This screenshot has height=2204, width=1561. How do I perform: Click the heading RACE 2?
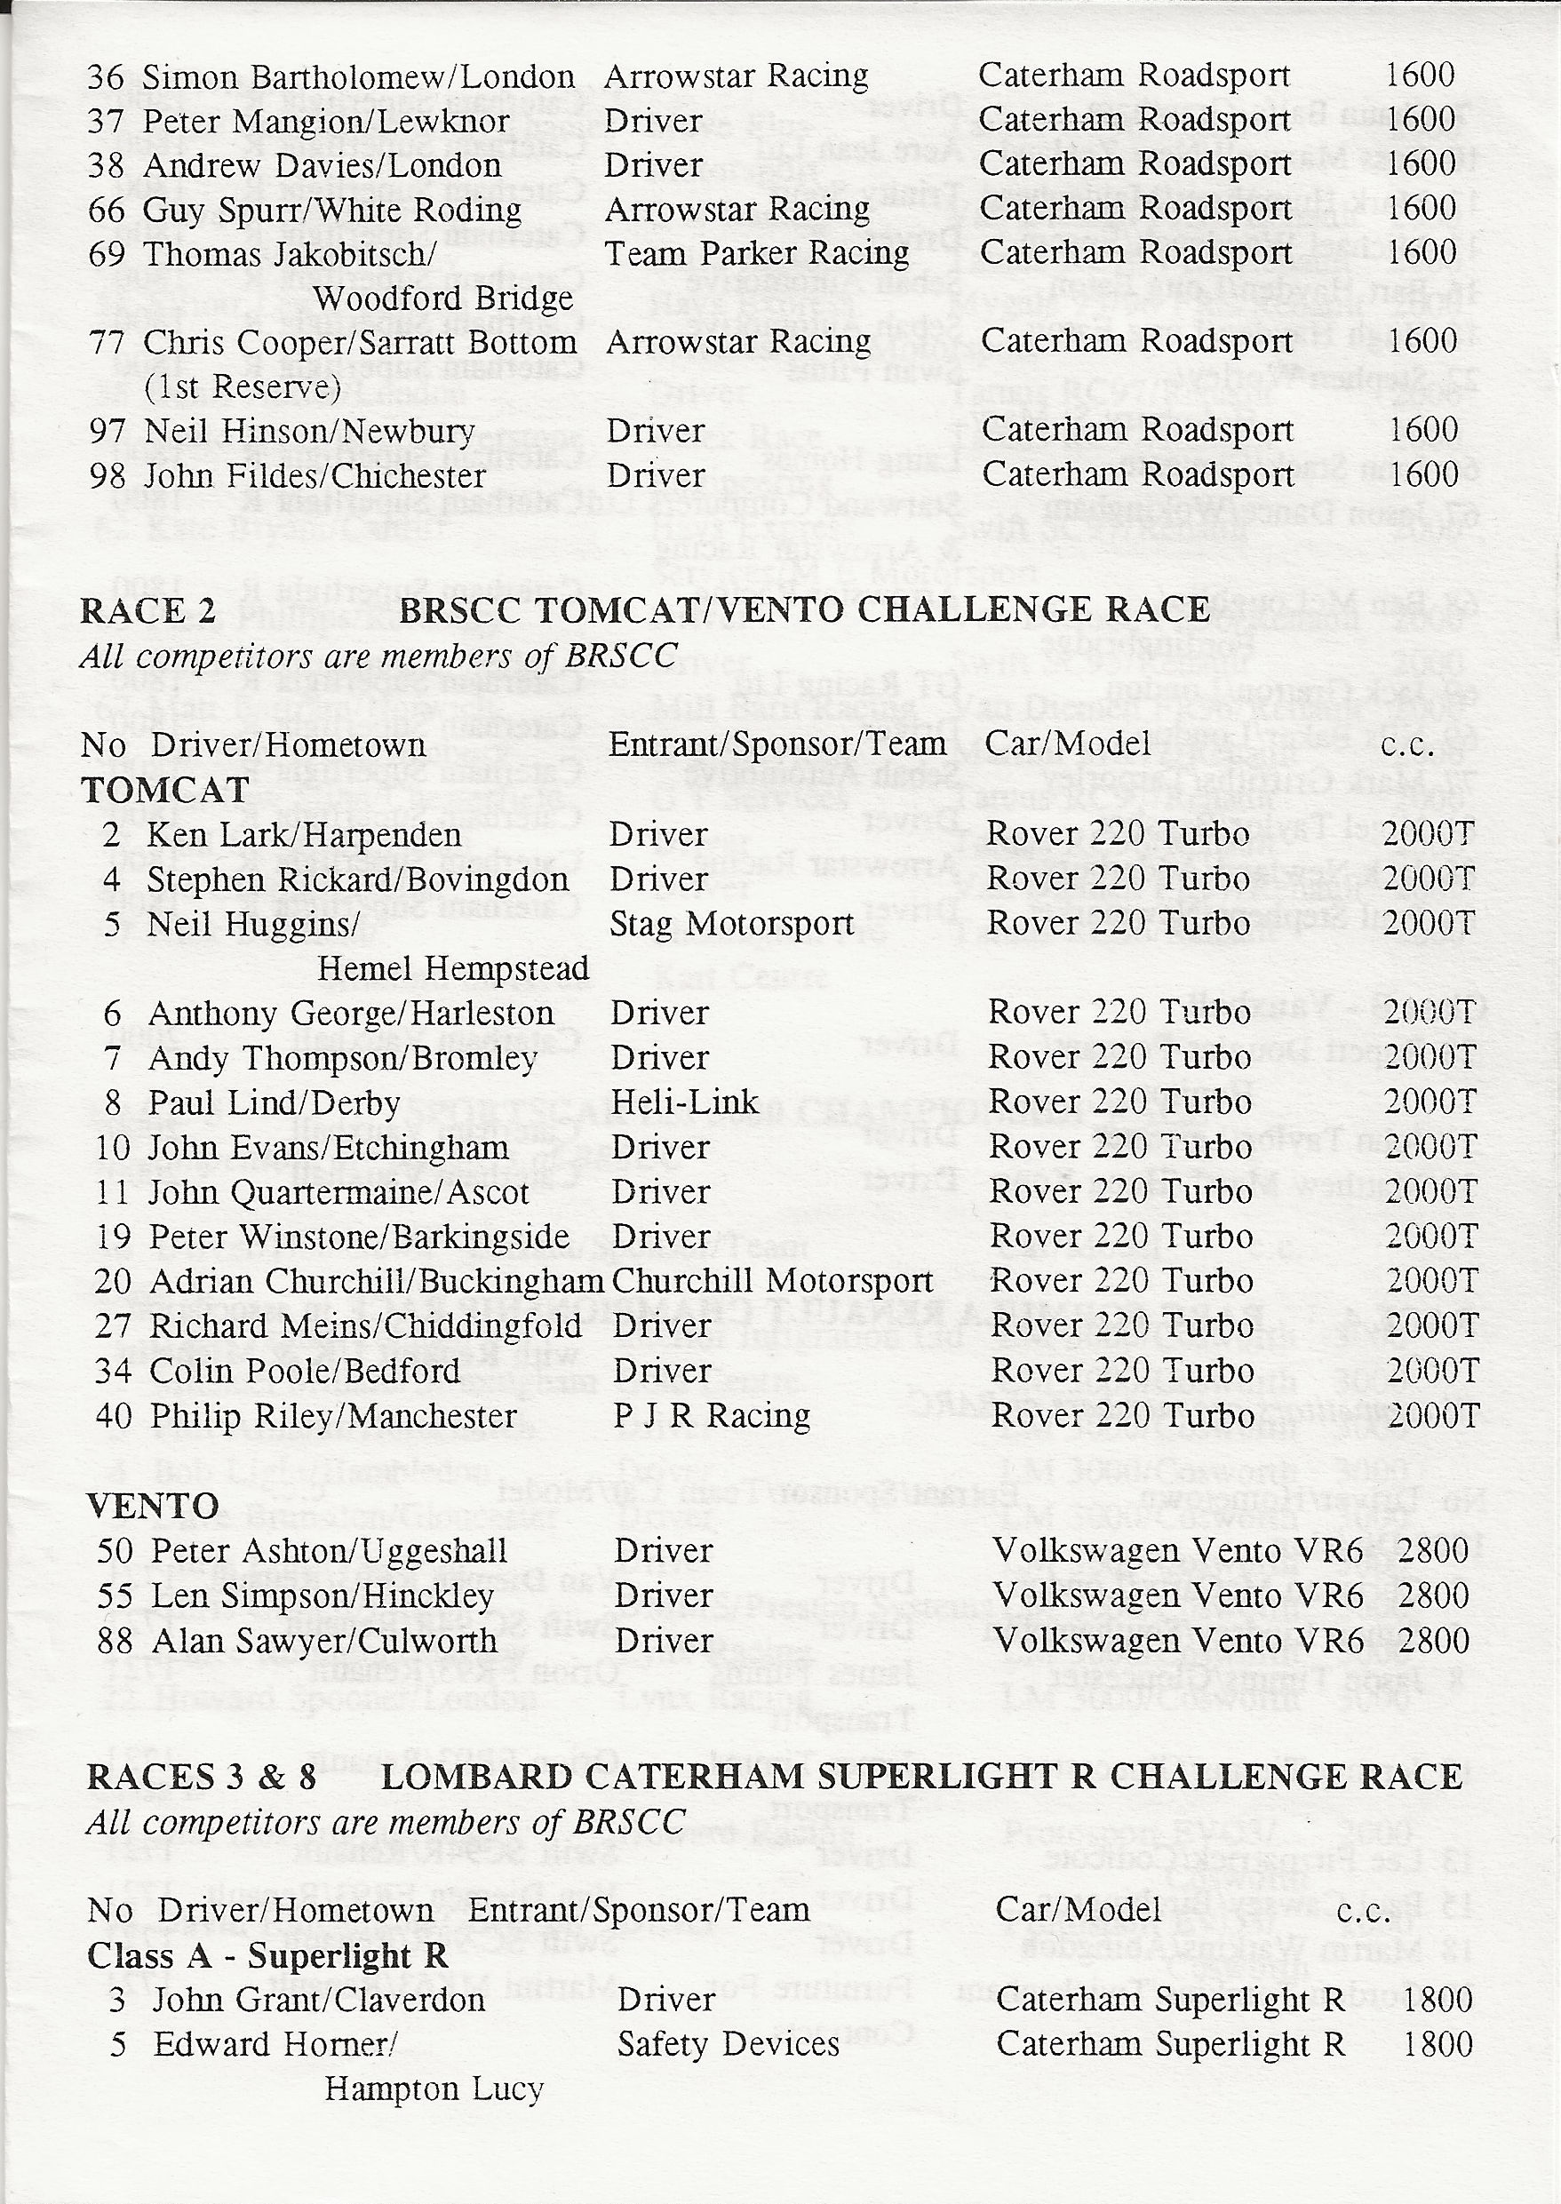pyautogui.click(x=148, y=611)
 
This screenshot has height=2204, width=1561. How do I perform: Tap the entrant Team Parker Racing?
pyautogui.click(x=756, y=254)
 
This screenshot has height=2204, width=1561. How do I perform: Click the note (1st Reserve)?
pyautogui.click(x=242, y=386)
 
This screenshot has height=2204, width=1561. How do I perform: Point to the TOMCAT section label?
pyautogui.click(x=164, y=790)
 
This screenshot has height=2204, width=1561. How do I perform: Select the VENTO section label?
pyautogui.click(x=153, y=1505)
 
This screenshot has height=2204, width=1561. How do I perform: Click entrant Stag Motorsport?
pyautogui.click(x=731, y=924)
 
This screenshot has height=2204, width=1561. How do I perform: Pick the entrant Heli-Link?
pyautogui.click(x=684, y=1102)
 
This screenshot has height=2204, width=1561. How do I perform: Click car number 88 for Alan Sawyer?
pyautogui.click(x=115, y=1641)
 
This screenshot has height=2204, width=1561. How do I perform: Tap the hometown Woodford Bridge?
pyautogui.click(x=443, y=298)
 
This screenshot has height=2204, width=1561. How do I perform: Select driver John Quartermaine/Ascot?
pyautogui.click(x=338, y=1193)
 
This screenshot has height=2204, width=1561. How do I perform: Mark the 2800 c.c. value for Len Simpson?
pyautogui.click(x=1433, y=1595)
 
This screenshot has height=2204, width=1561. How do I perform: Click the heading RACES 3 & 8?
pyautogui.click(x=201, y=1778)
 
